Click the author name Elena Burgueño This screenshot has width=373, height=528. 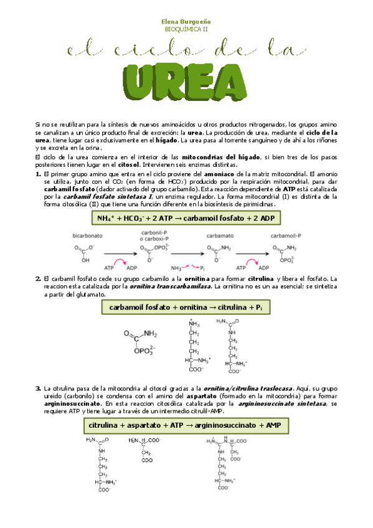pos(186,21)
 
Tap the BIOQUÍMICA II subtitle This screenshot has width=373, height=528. pos(186,29)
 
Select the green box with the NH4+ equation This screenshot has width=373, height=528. pos(186,219)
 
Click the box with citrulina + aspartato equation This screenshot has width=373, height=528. pos(186,425)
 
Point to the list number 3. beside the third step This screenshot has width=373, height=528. pos(39,389)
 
